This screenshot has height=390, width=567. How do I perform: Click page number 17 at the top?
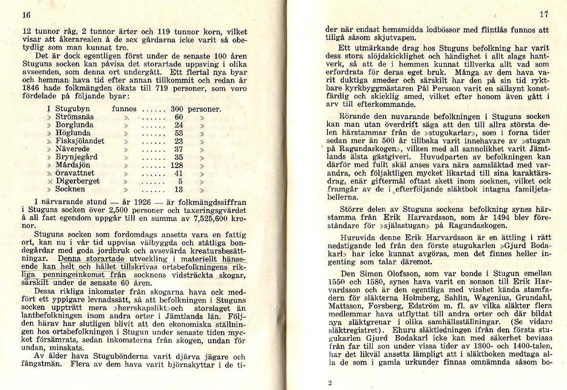pyautogui.click(x=544, y=14)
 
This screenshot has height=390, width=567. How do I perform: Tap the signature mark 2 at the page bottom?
pyautogui.click(x=330, y=382)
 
